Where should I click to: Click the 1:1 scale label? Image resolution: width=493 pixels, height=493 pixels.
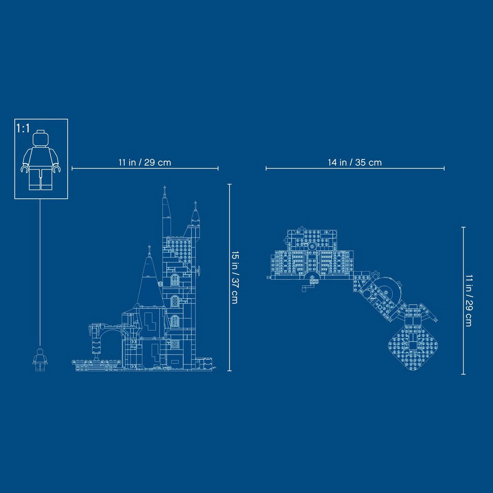pos(23,128)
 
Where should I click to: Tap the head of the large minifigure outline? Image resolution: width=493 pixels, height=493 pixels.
pos(40,138)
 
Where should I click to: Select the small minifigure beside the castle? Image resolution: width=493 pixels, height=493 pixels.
pos(40,359)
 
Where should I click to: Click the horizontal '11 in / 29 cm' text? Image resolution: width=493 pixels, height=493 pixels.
pos(145,163)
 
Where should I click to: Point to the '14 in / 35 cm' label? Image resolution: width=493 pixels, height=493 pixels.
pos(355,163)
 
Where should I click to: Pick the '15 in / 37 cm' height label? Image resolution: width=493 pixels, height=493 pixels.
pos(234,277)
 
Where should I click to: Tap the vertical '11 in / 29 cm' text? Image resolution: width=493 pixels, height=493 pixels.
pos(469,301)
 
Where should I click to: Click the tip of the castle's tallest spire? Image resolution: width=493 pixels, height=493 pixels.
pos(164,186)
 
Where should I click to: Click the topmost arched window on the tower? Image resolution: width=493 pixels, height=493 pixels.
pos(175,280)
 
